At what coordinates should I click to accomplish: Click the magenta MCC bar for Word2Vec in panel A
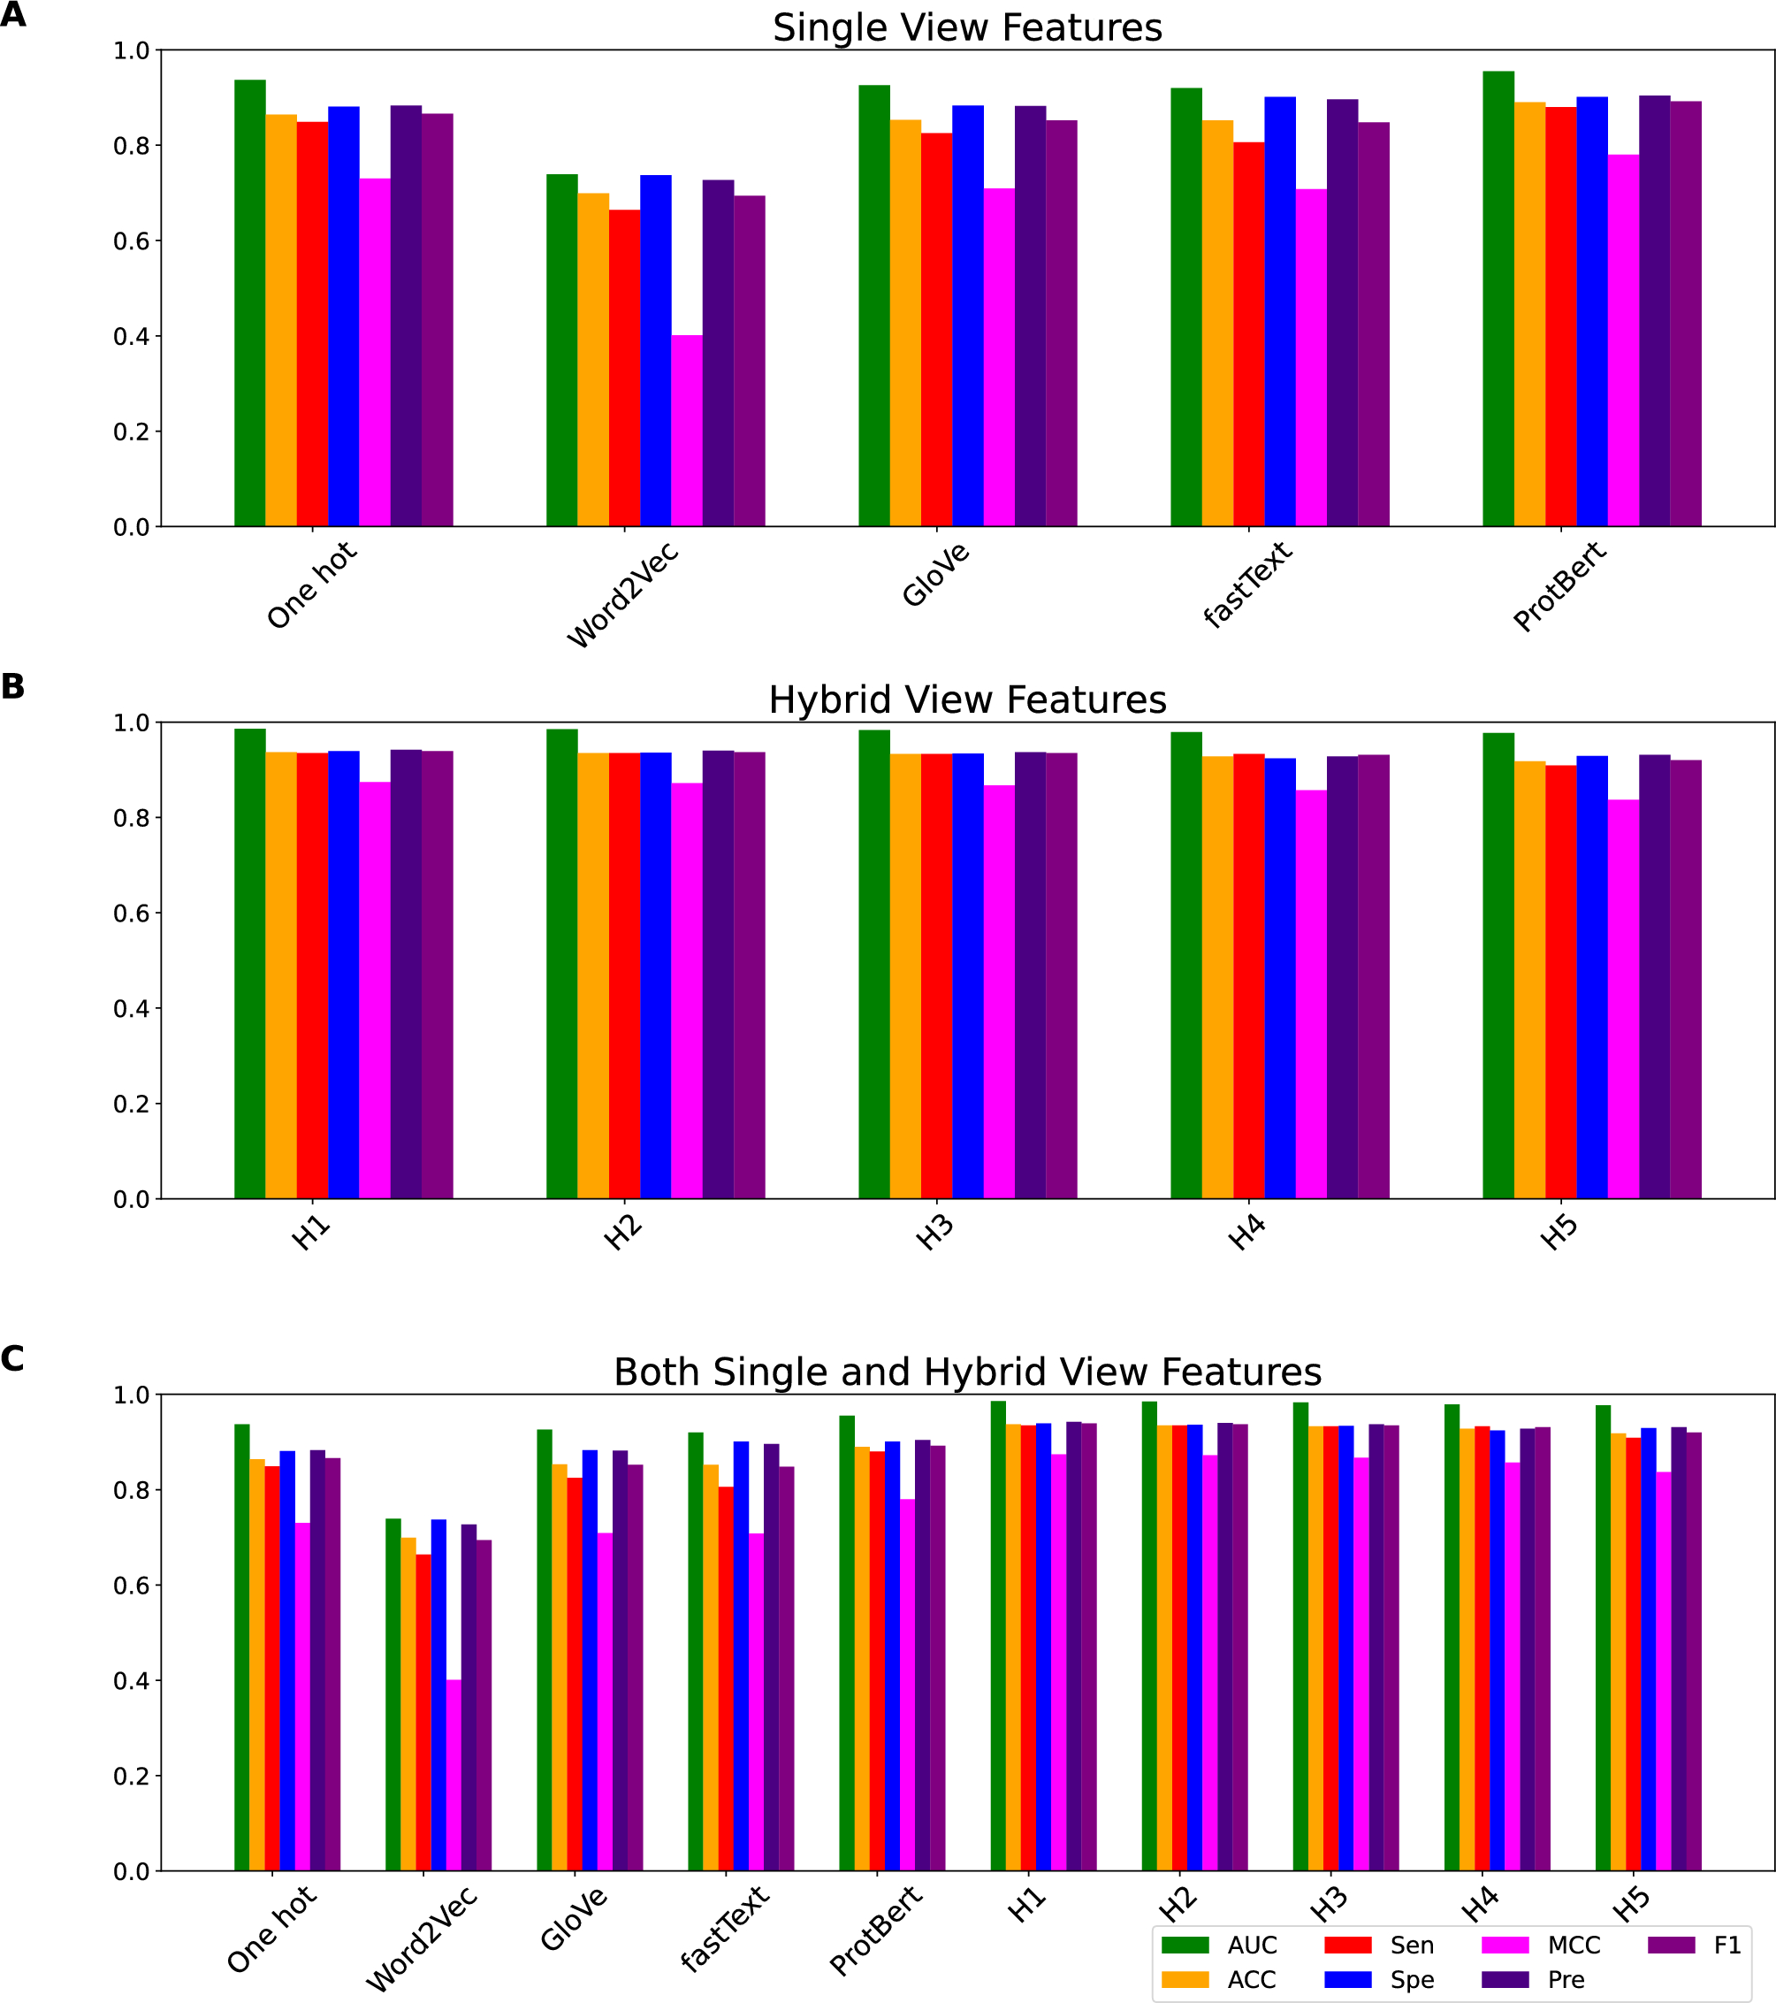tap(687, 432)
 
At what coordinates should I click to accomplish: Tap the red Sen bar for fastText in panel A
tap(1248, 334)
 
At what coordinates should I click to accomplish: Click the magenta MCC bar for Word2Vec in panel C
tap(454, 1775)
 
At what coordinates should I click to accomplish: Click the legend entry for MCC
tap(1574, 1946)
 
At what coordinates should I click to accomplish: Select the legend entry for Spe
tap(1412, 1979)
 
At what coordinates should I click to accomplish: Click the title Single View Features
tap(967, 27)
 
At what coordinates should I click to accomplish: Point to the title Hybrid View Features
tap(967, 700)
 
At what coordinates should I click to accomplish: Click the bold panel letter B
tap(12, 686)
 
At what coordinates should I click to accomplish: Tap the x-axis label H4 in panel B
tap(1247, 1233)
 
